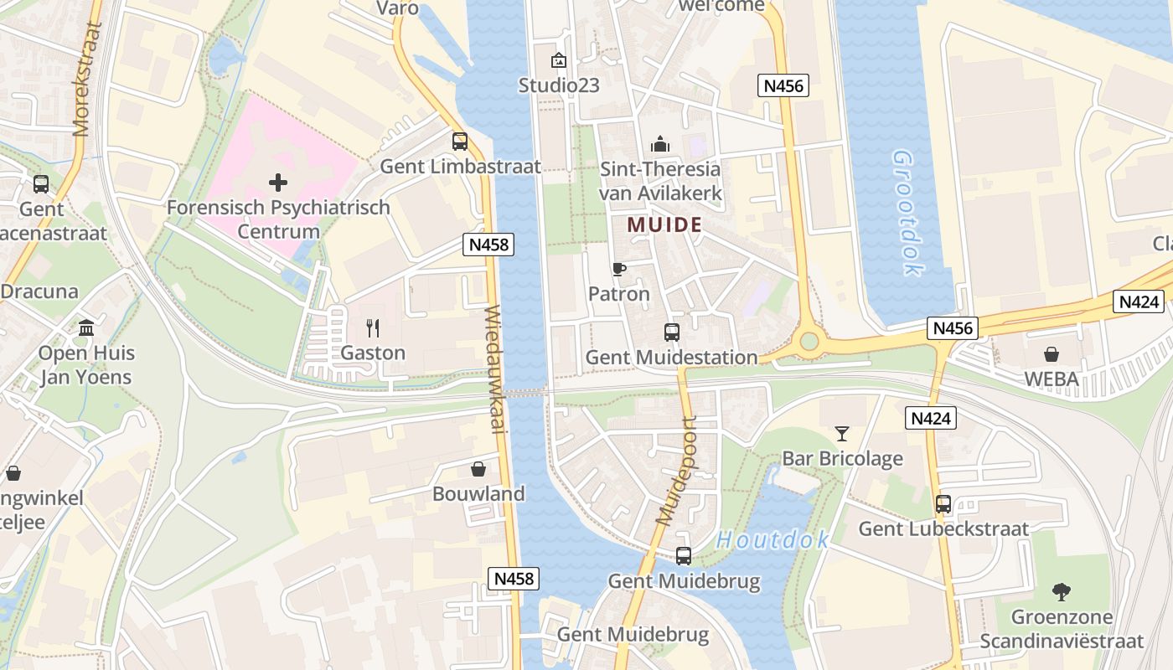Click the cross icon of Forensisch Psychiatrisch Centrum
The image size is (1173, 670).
pyautogui.click(x=278, y=182)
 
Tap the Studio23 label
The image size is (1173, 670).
pyautogui.click(x=559, y=85)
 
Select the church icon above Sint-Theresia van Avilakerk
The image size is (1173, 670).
pyautogui.click(x=660, y=144)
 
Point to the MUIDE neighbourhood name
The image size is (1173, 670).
pyautogui.click(x=664, y=224)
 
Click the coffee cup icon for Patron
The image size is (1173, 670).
pyautogui.click(x=618, y=269)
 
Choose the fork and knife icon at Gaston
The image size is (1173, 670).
pyautogui.click(x=373, y=327)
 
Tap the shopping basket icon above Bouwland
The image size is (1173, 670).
pyautogui.click(x=478, y=469)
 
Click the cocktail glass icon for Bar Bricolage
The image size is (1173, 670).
pyautogui.click(x=842, y=433)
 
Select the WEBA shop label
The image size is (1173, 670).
pyautogui.click(x=1052, y=379)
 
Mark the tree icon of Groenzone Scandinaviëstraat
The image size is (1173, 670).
pyautogui.click(x=1062, y=592)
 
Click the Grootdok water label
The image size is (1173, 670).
pyautogui.click(x=907, y=213)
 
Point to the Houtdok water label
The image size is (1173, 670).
pyautogui.click(x=772, y=540)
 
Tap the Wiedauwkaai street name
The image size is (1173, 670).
pyautogui.click(x=494, y=368)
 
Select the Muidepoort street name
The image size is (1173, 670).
pyautogui.click(x=677, y=471)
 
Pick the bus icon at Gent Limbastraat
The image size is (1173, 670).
pyautogui.click(x=459, y=142)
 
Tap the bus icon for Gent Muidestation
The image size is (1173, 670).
pyautogui.click(x=672, y=332)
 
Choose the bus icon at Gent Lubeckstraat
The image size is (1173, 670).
pyautogui.click(x=943, y=504)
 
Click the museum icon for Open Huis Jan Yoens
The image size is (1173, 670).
pyautogui.click(x=86, y=327)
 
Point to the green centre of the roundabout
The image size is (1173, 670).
pyautogui.click(x=809, y=341)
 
